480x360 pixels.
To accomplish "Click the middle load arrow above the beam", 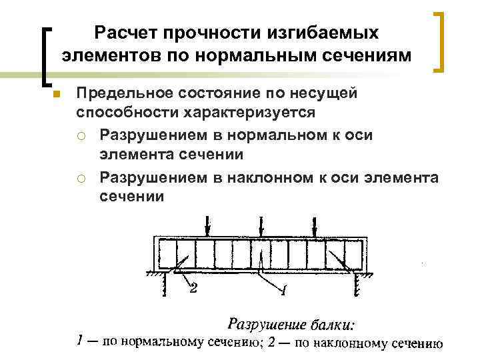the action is tap(261, 224).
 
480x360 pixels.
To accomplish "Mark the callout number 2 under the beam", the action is tap(194, 288).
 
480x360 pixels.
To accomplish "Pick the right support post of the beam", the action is tap(357, 285).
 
